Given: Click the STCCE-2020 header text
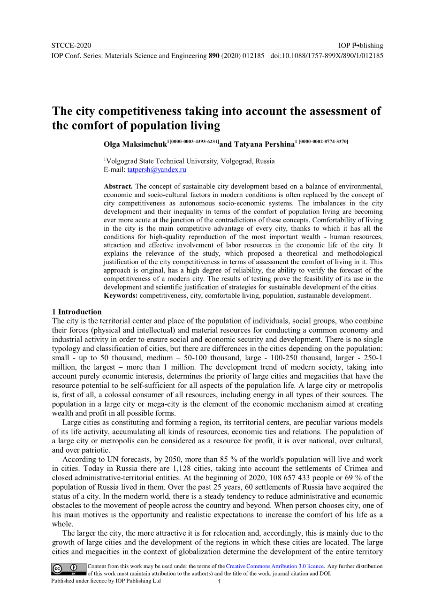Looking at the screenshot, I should click(71, 45).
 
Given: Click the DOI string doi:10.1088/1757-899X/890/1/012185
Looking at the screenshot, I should click(327, 55).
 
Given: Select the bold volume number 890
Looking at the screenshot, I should click(214, 55).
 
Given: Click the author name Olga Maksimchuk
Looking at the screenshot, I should click(135, 144).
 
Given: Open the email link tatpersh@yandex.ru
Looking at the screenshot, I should click(157, 170).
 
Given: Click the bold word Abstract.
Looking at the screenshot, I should click(118, 186).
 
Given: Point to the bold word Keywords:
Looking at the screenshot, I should click(121, 296).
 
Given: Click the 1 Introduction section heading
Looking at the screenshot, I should click(77, 312).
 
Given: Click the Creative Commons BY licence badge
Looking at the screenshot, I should click(69, 569).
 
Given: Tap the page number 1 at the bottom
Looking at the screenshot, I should click(219, 582).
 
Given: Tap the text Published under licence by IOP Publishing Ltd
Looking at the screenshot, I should click(106, 581).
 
